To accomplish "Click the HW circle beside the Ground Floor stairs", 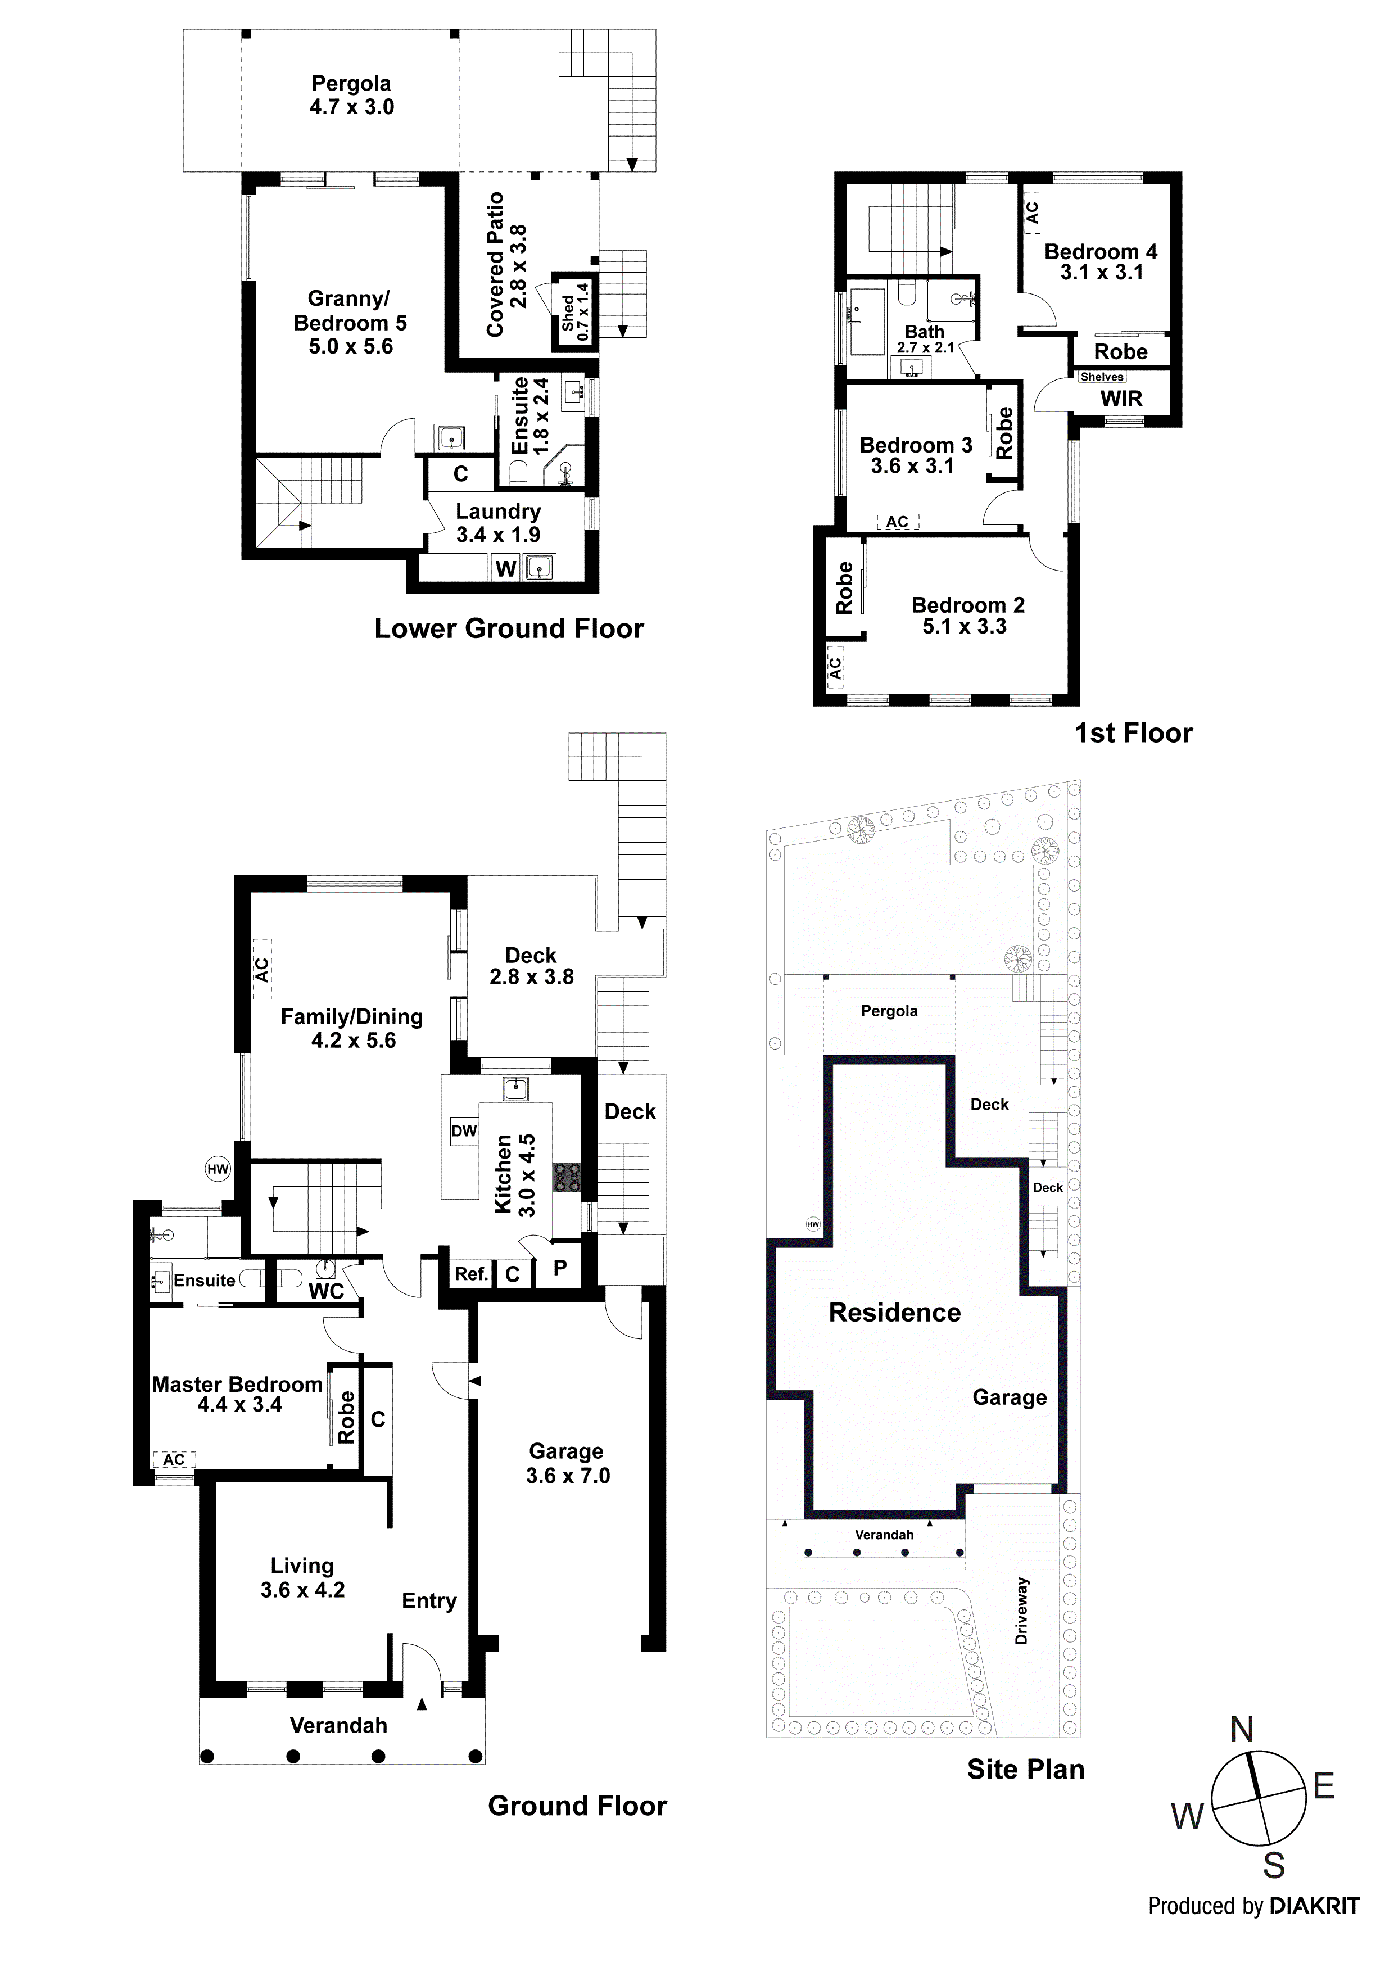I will tap(218, 1168).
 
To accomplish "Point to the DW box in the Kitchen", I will tap(464, 1130).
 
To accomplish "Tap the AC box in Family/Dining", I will tap(261, 969).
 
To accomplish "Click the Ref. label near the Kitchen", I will tap(470, 1274).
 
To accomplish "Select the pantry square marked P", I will tap(559, 1268).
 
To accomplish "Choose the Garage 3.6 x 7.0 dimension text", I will tap(568, 1476).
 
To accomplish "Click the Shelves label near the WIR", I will tap(1102, 377).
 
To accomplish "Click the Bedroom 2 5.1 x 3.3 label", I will tap(967, 615).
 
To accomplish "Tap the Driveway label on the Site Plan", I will tap(1021, 1611).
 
